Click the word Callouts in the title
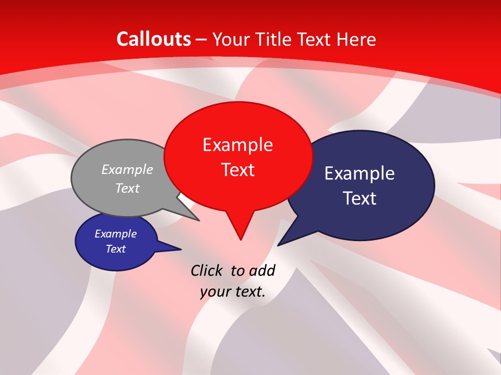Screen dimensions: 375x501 click(x=154, y=39)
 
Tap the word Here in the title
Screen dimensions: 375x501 click(x=357, y=40)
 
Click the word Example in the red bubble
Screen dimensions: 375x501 click(x=238, y=145)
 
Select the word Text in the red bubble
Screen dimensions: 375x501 click(x=238, y=170)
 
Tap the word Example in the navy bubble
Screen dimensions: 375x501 click(x=360, y=173)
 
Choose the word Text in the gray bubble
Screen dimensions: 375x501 click(x=127, y=189)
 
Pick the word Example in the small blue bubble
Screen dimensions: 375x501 click(x=116, y=234)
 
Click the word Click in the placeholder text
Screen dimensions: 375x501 click(x=207, y=270)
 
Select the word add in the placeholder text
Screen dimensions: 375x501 click(x=262, y=270)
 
